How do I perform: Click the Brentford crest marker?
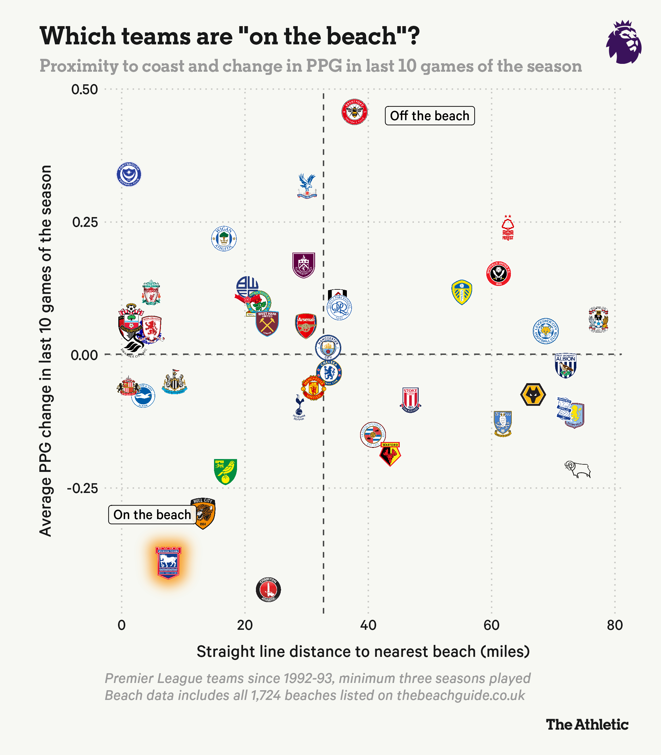[x=354, y=112]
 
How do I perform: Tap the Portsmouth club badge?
[x=129, y=174]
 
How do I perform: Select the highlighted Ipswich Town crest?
[x=168, y=562]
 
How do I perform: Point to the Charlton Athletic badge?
[x=268, y=590]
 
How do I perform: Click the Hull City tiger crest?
[x=203, y=513]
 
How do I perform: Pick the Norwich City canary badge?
[x=225, y=472]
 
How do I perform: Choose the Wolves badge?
[x=533, y=394]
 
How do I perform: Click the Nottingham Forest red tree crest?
[x=507, y=227]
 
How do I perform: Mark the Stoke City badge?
[x=410, y=400]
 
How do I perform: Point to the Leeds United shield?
[x=462, y=292]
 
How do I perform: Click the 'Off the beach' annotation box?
[x=430, y=116]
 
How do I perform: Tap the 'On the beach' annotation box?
[x=152, y=515]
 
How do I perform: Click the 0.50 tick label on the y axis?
[x=84, y=89]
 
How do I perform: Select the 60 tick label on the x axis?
[x=491, y=625]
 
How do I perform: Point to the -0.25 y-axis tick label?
[x=82, y=489]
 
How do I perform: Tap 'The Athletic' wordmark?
[x=587, y=725]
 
